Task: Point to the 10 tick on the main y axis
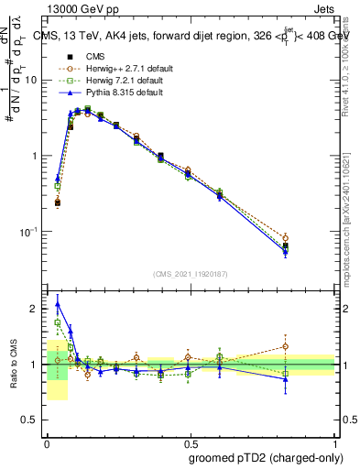click(x=32, y=80)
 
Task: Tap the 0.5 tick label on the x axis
click(x=191, y=441)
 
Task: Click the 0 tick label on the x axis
click(x=47, y=441)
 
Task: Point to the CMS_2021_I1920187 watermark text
click(x=191, y=274)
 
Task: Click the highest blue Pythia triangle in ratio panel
click(x=58, y=304)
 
